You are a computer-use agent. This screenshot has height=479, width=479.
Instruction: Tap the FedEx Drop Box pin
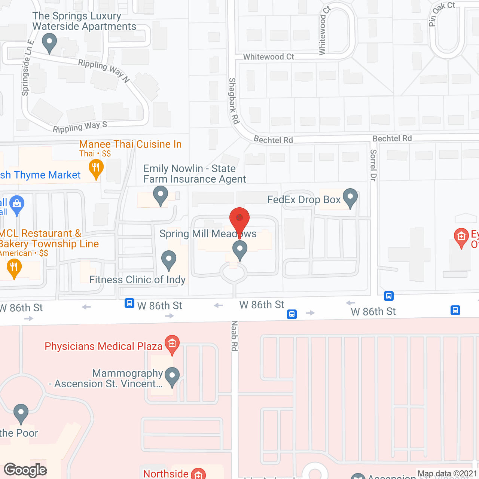pos(350,197)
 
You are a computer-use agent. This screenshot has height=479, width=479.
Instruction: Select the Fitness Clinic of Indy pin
pos(169,259)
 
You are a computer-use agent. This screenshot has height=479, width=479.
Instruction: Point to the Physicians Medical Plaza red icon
pos(172,344)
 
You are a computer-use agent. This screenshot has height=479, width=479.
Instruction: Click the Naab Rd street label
pos(234,336)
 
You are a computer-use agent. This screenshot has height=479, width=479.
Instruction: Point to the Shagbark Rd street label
pos(234,101)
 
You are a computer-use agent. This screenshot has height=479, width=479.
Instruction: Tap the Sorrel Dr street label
pos(373,165)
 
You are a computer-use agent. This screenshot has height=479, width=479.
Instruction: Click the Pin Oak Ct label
pos(441,13)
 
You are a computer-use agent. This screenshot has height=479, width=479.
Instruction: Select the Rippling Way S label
pos(80,127)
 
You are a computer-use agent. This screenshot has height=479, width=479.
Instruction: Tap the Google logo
pos(25,470)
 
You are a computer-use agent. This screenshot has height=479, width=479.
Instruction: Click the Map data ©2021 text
pos(447,473)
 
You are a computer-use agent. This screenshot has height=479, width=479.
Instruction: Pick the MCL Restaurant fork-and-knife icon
pos(14,268)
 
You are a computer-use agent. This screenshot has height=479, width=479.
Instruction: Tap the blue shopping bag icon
pos(16,204)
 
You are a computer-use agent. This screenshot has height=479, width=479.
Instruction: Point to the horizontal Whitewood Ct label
pos(269,57)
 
